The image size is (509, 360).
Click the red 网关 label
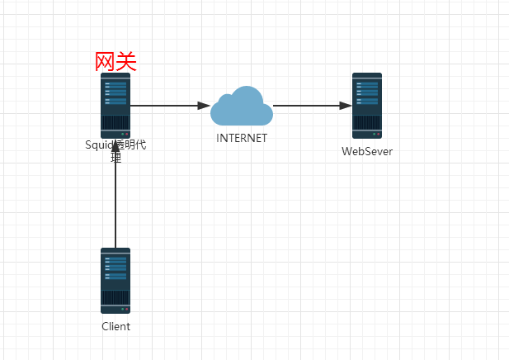(115, 62)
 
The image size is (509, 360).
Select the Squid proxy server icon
(115, 105)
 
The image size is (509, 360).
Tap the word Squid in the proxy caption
(98, 145)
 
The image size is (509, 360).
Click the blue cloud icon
(242, 106)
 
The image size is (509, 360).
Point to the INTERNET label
(242, 139)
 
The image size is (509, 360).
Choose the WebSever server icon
(367, 105)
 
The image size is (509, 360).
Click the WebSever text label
(367, 151)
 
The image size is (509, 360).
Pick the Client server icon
(115, 280)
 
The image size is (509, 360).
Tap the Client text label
(115, 326)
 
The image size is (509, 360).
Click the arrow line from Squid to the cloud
(165, 106)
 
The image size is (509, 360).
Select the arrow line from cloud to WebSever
(305, 106)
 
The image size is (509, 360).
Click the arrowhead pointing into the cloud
(204, 106)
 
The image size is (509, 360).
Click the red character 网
(105, 62)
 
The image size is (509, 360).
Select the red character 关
(126, 62)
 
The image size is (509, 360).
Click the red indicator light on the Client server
(127, 309)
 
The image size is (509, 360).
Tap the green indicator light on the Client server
(122, 309)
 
